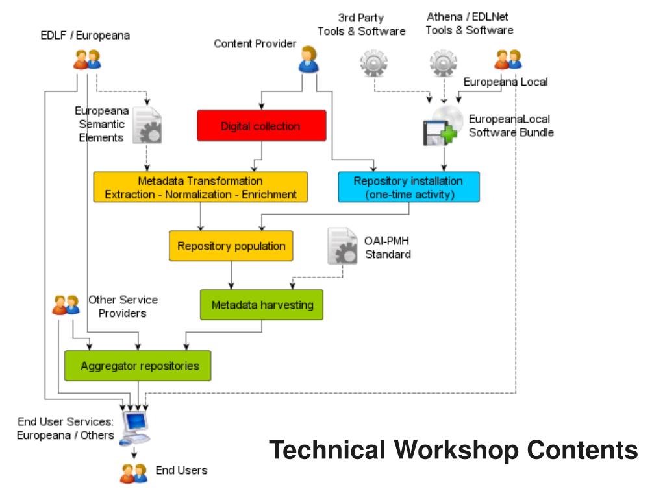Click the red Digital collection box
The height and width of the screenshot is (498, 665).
point(262,125)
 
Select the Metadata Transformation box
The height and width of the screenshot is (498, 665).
point(200,187)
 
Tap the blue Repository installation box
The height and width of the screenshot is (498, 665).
point(409,187)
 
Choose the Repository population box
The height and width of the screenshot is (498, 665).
point(231,246)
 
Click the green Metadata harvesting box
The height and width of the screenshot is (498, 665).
point(262,305)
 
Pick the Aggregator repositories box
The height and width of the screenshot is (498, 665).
point(138,366)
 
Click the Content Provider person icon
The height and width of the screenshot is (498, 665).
point(308,59)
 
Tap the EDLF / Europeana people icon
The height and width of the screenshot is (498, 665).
point(88,59)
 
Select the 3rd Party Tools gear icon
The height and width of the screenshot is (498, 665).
point(373,63)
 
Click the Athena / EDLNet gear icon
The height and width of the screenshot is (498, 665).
point(444,63)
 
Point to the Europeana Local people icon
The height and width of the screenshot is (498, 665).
point(508,59)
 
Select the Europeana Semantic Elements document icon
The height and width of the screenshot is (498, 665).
point(147,125)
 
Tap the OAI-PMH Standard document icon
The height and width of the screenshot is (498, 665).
point(342,246)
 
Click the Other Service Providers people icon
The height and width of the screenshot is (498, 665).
point(66,305)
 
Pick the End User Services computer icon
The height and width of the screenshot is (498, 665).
point(135,428)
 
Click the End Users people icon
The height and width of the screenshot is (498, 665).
point(134,473)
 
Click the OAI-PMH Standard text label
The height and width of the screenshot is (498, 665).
point(388,247)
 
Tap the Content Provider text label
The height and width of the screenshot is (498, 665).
point(255,43)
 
